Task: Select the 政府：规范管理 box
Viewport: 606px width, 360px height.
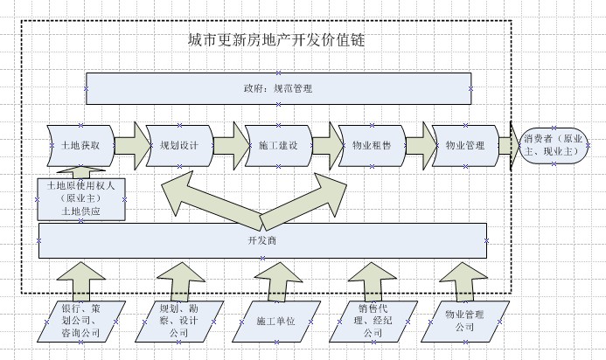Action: coord(278,89)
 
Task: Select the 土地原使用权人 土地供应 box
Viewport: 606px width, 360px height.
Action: coord(81,198)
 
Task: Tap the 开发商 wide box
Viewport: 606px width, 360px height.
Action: coord(262,240)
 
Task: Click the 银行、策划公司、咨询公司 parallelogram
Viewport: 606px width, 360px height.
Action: coord(81,321)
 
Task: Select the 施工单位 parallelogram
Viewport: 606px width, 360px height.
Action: coord(275,322)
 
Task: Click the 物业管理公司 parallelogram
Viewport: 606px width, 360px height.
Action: coord(463,321)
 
